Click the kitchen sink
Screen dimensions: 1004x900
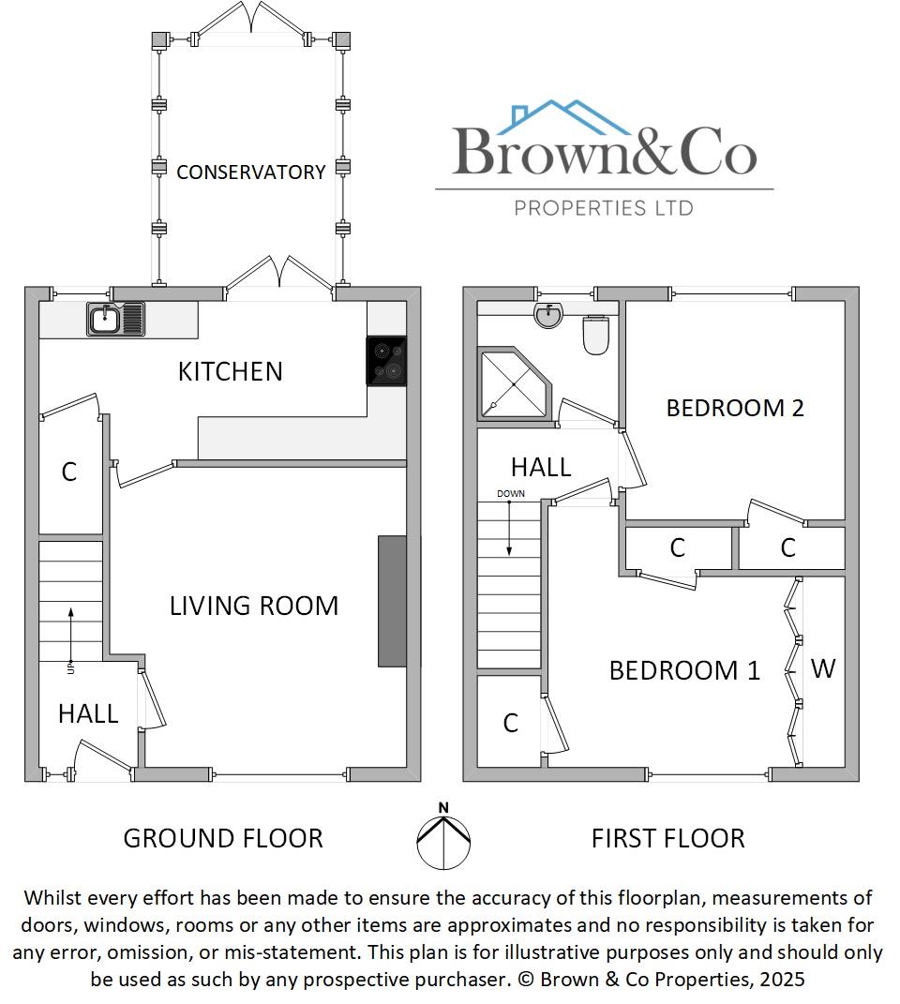tap(116, 319)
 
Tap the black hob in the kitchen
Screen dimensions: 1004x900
tap(386, 361)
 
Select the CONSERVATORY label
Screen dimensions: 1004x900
tap(250, 172)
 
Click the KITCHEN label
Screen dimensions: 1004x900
tap(230, 371)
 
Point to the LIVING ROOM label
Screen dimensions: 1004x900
tap(253, 606)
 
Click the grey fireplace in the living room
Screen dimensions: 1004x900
tap(392, 601)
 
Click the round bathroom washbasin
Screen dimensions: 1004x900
tap(548, 316)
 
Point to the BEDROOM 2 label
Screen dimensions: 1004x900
tap(735, 408)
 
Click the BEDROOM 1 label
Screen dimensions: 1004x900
tap(684, 670)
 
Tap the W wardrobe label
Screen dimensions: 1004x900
tap(822, 668)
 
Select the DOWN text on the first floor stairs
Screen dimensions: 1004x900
tap(511, 493)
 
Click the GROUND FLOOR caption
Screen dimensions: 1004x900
tap(223, 837)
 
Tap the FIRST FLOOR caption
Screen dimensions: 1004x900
tap(667, 837)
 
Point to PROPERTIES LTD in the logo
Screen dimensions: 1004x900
tap(604, 207)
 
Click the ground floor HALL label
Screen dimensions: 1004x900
tap(88, 713)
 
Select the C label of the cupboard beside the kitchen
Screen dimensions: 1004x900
tap(68, 472)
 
